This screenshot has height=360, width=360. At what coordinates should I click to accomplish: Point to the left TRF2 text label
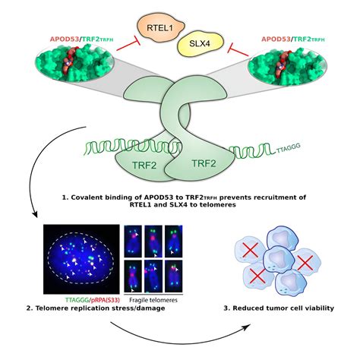coord(139,163)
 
